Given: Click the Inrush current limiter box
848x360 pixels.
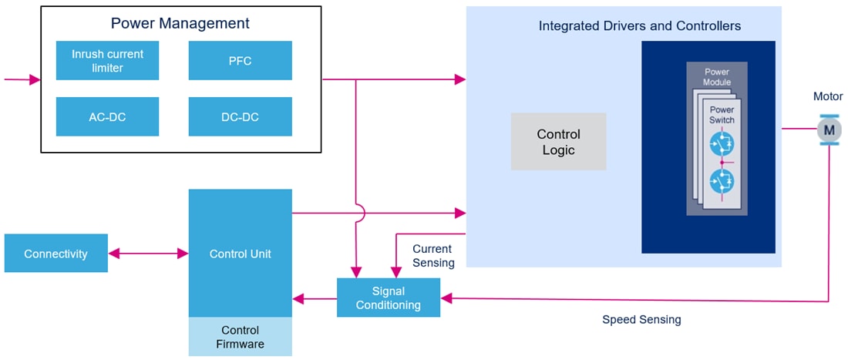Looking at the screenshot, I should pos(107,61).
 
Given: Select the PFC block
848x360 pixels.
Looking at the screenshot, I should pos(240,61).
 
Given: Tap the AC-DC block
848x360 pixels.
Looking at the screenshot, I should pos(107,117).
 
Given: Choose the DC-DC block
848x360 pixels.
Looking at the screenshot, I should pos(240,117).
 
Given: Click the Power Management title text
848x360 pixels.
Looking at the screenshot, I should pos(180,23).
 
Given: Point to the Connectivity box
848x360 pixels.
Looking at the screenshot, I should pos(56,254).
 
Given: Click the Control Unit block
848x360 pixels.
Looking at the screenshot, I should pos(240,254).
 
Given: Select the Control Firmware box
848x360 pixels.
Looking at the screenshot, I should pos(240,337).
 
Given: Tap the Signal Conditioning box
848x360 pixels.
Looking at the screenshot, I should pos(388,298).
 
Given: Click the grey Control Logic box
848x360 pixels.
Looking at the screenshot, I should pos(558,142).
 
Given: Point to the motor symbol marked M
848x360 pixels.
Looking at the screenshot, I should pos(829,130).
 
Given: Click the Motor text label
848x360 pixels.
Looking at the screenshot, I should pos(828,96).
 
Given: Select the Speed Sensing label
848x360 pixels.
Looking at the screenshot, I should pos(641,319).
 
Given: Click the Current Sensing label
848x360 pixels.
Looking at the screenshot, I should pos(432,256).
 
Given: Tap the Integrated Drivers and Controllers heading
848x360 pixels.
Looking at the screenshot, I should pos(639,26).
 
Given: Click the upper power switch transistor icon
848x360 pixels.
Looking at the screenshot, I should pos(722,143).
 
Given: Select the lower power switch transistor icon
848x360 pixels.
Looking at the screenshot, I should pos(722,182).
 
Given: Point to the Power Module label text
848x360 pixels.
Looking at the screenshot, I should pos(716,77).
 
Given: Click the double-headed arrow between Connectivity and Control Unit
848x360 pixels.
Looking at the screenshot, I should pos(148,254).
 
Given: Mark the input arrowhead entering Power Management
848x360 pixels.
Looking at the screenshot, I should pos(35,79).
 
